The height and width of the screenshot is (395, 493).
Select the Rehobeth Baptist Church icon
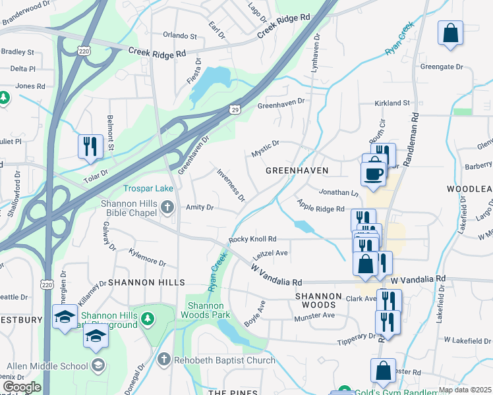(x=164, y=359)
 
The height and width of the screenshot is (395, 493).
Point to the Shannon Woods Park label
(x=209, y=310)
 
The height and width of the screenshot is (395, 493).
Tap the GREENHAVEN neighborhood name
(x=297, y=171)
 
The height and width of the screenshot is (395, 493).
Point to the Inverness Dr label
(x=231, y=185)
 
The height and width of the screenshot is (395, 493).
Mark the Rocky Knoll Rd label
(x=252, y=240)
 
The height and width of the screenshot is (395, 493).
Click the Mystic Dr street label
(x=265, y=148)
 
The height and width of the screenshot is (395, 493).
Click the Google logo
(x=22, y=388)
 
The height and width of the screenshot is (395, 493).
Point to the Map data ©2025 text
(x=464, y=390)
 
